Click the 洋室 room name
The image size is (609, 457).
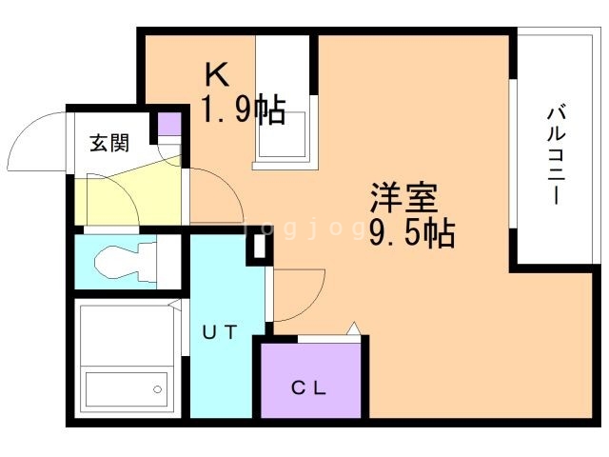[x=403, y=198]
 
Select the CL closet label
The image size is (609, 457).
[x=308, y=388]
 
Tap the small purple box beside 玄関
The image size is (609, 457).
[x=168, y=124]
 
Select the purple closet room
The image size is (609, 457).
[x=308, y=379]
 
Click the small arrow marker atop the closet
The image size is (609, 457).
[x=353, y=328]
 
